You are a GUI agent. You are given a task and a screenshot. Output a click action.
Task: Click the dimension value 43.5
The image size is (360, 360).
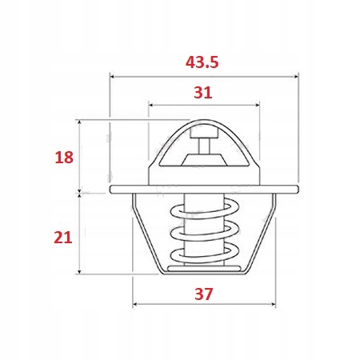point(204,61)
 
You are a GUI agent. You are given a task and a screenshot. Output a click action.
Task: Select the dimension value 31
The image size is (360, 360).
point(203,92)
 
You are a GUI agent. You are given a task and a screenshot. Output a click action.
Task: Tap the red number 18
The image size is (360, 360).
point(64,157)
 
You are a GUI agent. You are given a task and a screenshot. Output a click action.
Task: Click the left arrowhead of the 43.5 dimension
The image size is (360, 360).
point(113,78)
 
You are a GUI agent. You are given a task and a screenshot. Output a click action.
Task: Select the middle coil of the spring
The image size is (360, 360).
point(203,233)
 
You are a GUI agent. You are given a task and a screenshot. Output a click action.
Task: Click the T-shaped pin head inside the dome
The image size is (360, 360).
point(203,138)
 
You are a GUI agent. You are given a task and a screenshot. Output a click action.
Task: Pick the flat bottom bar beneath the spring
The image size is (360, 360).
point(203,270)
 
